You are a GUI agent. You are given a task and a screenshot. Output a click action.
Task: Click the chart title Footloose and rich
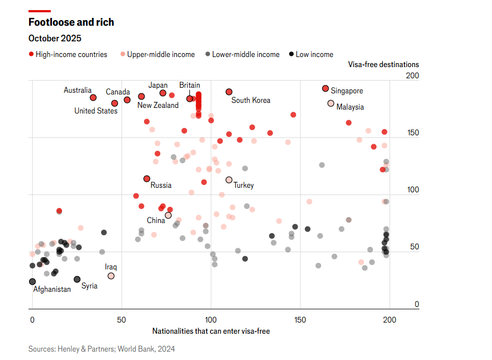(x=71, y=22)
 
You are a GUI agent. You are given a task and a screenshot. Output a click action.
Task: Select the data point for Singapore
(x=326, y=89)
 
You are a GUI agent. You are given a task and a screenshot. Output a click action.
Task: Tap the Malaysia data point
(x=331, y=103)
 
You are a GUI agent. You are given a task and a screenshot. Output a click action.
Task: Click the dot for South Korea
(x=229, y=92)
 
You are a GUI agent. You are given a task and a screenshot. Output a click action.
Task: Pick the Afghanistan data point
(x=32, y=282)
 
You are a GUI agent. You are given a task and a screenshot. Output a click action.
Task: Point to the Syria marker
(x=77, y=279)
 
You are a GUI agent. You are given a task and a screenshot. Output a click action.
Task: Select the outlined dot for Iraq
(x=111, y=276)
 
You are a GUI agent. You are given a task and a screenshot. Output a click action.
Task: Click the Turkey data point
(x=229, y=180)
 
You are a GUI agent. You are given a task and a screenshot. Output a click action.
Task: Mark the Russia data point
(x=147, y=179)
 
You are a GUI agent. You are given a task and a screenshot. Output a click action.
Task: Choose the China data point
(x=168, y=215)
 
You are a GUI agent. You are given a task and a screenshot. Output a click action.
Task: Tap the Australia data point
(x=93, y=97)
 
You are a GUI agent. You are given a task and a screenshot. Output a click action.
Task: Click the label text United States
(x=96, y=111)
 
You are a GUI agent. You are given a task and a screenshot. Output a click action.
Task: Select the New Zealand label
(x=158, y=105)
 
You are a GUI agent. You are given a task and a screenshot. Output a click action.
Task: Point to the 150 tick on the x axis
(x=300, y=320)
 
